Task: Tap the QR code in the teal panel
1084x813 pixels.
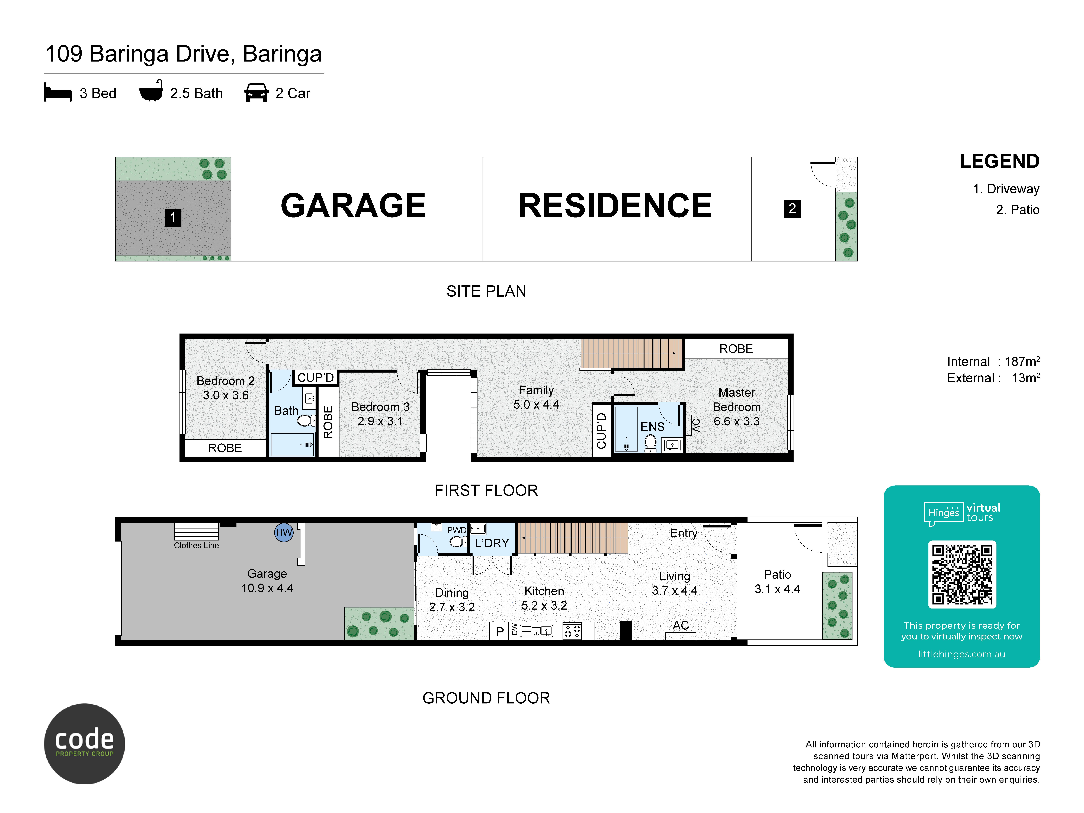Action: [962, 574]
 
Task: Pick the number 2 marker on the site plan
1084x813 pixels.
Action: [792, 209]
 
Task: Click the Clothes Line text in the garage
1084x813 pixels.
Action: [197, 545]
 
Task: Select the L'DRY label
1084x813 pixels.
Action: [492, 543]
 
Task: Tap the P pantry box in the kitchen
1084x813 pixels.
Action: [500, 631]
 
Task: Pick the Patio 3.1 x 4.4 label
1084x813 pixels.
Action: [777, 582]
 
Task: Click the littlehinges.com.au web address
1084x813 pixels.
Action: [961, 654]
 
